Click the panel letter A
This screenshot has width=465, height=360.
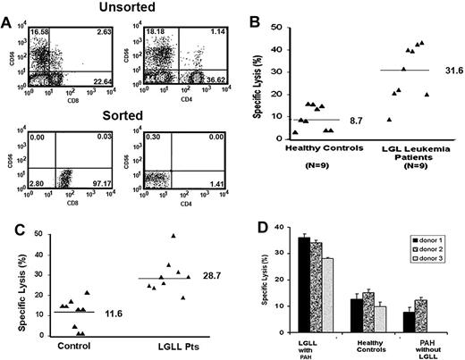click(7, 20)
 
